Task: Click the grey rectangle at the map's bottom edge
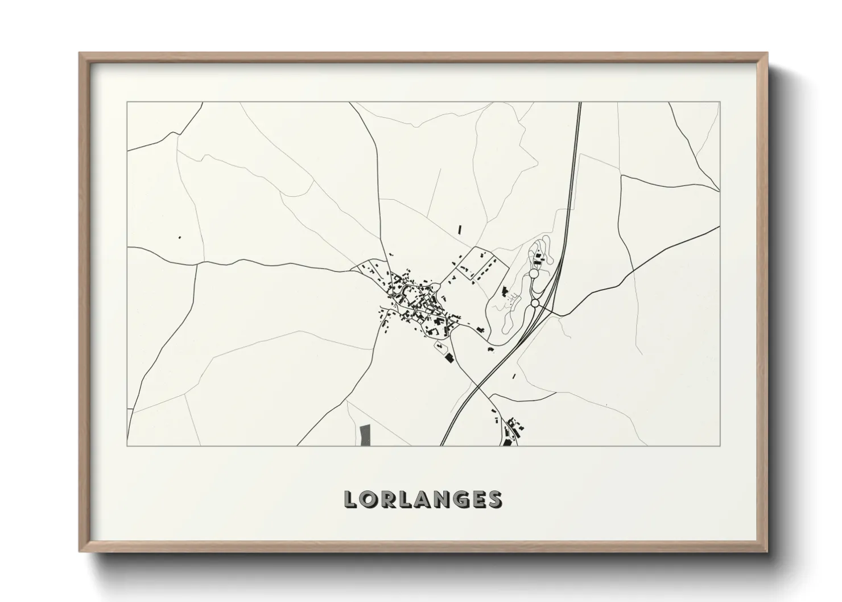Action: [365, 435]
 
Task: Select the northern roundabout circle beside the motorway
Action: [534, 274]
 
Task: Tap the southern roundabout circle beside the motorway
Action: [535, 304]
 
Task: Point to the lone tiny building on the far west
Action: [180, 237]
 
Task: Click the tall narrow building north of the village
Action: [460, 229]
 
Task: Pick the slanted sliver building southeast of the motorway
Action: [514, 376]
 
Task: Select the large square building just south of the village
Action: [449, 357]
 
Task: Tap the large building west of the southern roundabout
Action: [505, 292]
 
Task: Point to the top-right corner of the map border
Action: [720, 102]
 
